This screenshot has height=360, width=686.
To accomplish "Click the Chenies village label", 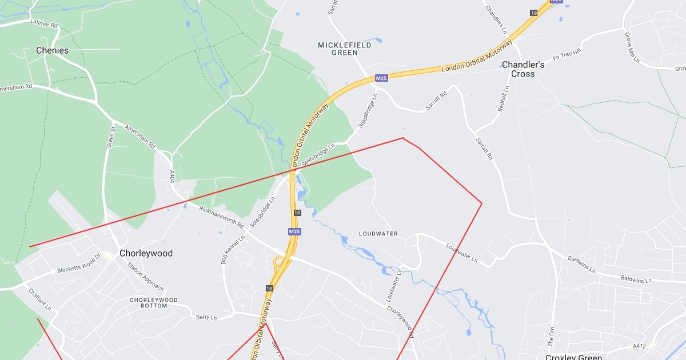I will click(52, 50).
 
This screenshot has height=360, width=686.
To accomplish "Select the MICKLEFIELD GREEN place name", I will click(345, 49).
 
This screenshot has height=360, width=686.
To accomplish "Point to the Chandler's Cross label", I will click(523, 69).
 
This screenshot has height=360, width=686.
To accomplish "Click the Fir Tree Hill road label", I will click(567, 55).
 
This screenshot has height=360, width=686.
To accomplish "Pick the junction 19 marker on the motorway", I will click(534, 13).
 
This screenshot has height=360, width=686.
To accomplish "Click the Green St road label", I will click(111, 137).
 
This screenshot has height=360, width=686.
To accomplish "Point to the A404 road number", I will click(172, 176).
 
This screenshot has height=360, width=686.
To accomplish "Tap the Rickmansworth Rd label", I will click(222, 217).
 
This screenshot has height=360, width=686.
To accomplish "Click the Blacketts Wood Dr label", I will click(78, 266).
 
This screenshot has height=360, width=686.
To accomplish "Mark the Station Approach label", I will click(145, 277).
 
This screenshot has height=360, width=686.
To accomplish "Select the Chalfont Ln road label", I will click(40, 299).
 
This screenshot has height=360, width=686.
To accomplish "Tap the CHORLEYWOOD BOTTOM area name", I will click(153, 303).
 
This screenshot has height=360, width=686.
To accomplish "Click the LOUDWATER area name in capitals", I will click(378, 234).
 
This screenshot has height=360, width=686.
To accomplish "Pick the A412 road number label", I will click(639, 346).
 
